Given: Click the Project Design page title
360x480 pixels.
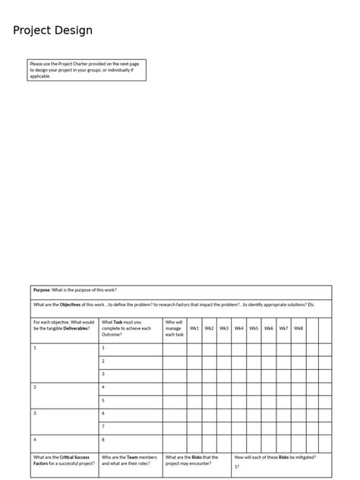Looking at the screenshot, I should [52, 30].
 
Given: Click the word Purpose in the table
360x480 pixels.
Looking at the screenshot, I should [42, 289].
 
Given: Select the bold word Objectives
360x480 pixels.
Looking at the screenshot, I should [71, 305].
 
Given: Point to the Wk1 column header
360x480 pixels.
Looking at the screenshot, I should [194, 328].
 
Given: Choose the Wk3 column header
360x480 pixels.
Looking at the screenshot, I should [224, 328].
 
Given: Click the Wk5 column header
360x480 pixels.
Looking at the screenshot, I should [254, 328].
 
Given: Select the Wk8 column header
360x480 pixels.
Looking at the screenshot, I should [298, 328].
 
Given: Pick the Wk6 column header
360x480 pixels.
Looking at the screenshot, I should [269, 328].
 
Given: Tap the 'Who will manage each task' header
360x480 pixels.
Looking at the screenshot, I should [174, 328].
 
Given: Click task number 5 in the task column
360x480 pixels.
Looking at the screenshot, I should [103, 400].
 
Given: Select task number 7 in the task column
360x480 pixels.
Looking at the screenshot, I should [103, 427].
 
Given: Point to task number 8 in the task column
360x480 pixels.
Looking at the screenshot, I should [103, 440].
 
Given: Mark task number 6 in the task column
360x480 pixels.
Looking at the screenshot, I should [103, 413].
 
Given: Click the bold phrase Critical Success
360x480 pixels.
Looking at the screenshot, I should [75, 457].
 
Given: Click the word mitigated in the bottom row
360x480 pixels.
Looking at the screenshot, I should [303, 457].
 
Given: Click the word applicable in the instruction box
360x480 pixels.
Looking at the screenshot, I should [40, 76].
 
